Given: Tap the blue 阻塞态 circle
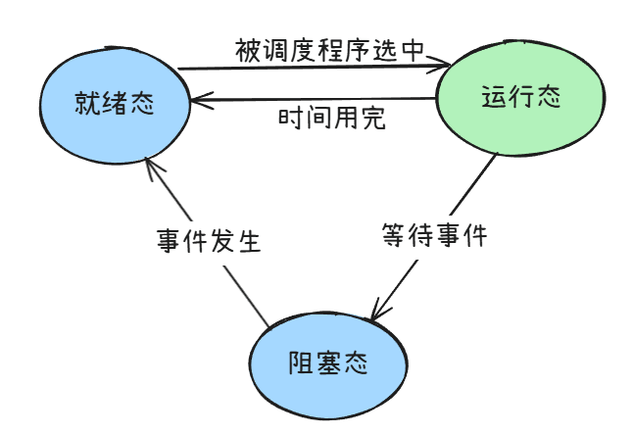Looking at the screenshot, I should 327,363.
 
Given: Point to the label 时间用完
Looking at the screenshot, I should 331,120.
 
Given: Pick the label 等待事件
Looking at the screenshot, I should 433,236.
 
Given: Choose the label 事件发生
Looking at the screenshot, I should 209,241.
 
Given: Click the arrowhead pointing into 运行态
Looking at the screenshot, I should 446,65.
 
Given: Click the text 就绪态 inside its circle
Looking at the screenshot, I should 115,104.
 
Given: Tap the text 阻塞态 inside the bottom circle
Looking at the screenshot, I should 328,362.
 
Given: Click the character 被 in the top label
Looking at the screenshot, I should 246,50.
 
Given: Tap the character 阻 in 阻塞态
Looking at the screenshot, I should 301,362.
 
